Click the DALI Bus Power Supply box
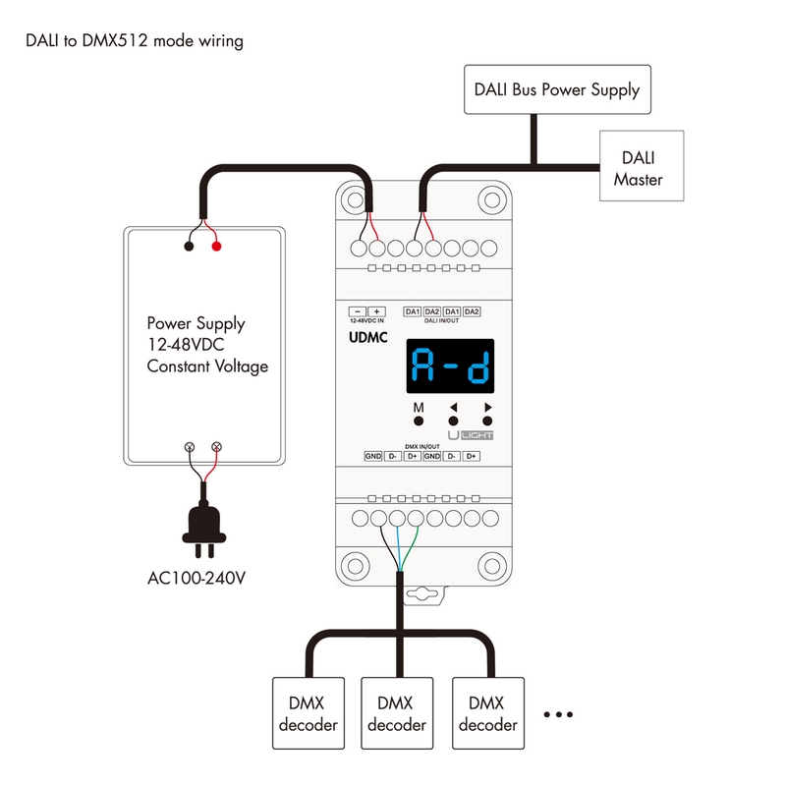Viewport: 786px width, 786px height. coord(557,90)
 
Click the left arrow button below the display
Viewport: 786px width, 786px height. coord(454,420)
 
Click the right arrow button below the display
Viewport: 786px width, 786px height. coord(486,420)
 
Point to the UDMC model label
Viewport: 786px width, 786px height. coord(368,338)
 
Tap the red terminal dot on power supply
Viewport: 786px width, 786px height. coord(216,245)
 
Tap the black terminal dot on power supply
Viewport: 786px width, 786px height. coord(188,245)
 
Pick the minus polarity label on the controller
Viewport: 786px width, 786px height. coord(359,311)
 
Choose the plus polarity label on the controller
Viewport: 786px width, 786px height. coord(377,311)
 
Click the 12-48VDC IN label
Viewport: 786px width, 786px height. coord(368,321)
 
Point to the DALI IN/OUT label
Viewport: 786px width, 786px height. coord(442,321)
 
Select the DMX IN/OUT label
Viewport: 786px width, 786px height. coord(422,446)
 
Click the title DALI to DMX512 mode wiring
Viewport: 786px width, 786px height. coord(135,42)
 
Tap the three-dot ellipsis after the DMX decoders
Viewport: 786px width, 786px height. coord(557,715)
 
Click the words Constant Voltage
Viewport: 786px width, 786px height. coord(207,366)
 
